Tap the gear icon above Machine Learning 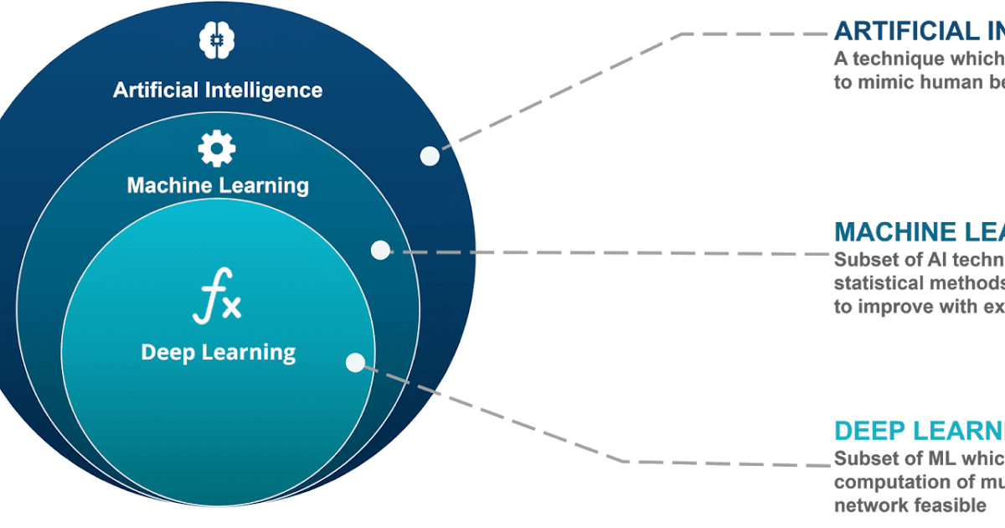pos(216,149)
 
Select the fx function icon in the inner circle pos(216,302)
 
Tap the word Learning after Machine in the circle pos(265,185)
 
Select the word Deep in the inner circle pos(168,352)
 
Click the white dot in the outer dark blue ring pos(430,156)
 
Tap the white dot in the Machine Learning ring pos(380,250)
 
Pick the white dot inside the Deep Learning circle pos(355,362)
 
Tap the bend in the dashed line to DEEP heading pos(626,461)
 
